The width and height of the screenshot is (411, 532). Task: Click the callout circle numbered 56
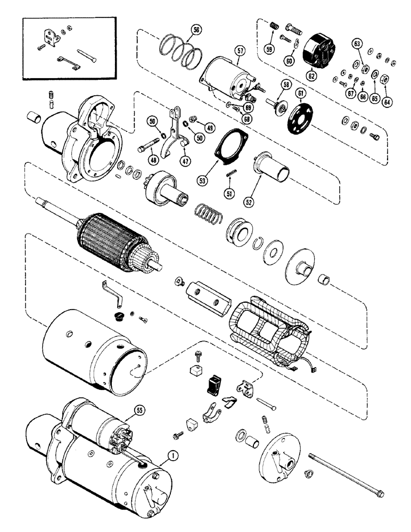(x=196, y=31)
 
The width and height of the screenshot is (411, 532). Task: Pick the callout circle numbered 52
(x=249, y=202)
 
